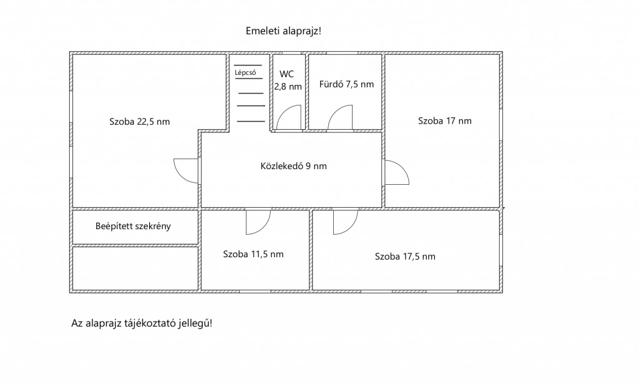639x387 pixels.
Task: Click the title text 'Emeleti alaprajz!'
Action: [x=283, y=31]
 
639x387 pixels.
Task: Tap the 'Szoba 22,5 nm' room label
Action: [x=139, y=122]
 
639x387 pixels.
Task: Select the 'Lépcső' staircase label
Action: [x=245, y=73]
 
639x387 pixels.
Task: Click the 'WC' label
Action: [x=286, y=74]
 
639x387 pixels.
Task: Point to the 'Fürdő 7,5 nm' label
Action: [x=346, y=84]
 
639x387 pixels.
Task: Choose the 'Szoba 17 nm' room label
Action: [x=444, y=120]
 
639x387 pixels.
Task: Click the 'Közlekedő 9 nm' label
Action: [x=293, y=166]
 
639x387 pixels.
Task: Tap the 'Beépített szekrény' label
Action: [x=133, y=226]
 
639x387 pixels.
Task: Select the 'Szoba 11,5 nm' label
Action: [x=253, y=254]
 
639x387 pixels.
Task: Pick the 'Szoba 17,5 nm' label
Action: [x=405, y=257]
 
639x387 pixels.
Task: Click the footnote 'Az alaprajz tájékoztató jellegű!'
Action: [x=142, y=323]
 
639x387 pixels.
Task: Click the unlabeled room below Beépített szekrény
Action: [x=135, y=268]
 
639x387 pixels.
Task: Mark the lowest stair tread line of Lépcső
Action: [x=251, y=121]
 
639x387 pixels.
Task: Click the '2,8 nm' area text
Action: [x=288, y=87]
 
